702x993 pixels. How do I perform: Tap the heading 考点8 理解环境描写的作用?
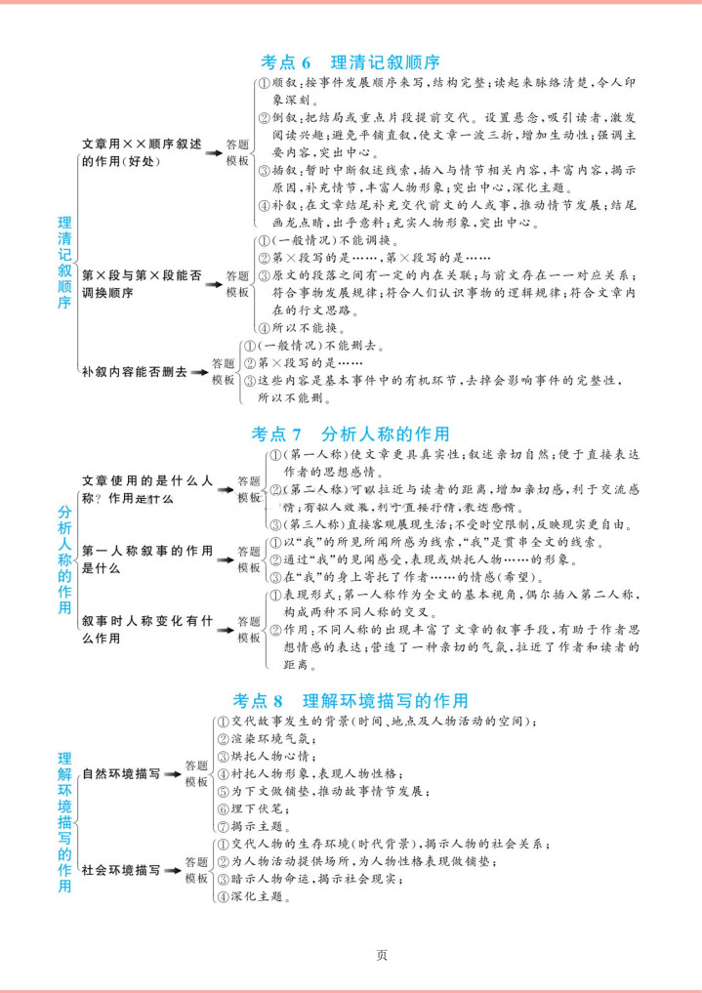tap(351, 700)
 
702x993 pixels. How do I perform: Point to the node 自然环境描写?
tap(121, 773)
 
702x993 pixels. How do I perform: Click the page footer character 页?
tap(382, 954)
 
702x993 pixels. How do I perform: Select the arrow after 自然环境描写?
tap(172, 773)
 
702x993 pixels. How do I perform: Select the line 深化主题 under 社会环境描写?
tap(257, 896)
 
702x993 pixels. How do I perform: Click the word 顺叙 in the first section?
tap(284, 85)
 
